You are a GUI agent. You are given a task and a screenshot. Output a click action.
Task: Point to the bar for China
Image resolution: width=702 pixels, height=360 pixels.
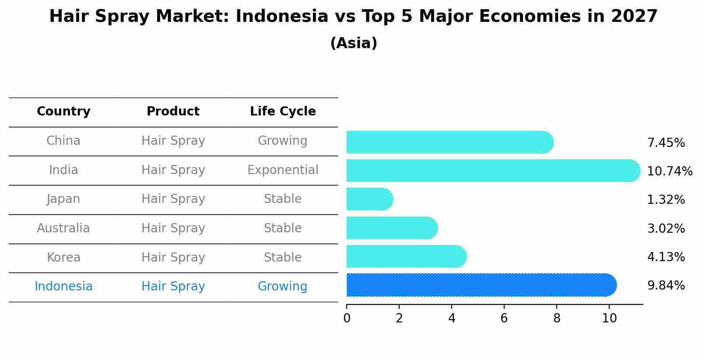point(449,142)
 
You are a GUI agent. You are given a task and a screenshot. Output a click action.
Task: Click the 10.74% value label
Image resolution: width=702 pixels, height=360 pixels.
point(670,171)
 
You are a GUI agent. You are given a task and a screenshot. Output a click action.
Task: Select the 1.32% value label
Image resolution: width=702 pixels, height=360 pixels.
point(666,200)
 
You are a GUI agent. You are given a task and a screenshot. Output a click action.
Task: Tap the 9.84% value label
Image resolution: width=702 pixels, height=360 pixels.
point(666,286)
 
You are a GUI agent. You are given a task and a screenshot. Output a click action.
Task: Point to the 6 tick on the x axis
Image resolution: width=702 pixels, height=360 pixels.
point(504,318)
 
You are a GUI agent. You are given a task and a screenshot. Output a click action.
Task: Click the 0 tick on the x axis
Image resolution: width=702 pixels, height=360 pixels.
point(347,318)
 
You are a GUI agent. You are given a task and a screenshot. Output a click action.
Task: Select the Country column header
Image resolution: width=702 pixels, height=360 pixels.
point(63,112)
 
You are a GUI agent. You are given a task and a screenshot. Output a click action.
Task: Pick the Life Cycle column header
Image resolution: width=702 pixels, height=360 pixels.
point(283,112)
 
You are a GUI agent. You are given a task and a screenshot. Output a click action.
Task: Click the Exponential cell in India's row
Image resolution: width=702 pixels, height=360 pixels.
point(283,170)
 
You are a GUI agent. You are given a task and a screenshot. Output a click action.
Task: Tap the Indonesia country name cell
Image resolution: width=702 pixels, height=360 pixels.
point(63,287)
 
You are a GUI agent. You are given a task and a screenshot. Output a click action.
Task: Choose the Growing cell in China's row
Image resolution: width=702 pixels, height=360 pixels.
point(282,141)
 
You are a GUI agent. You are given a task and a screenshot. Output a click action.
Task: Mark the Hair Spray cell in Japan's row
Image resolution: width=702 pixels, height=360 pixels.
point(173,199)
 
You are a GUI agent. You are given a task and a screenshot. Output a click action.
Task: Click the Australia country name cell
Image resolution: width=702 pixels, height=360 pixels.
point(63,228)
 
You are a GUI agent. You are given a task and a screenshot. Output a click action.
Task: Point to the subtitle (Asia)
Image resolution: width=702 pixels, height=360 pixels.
point(354,43)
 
